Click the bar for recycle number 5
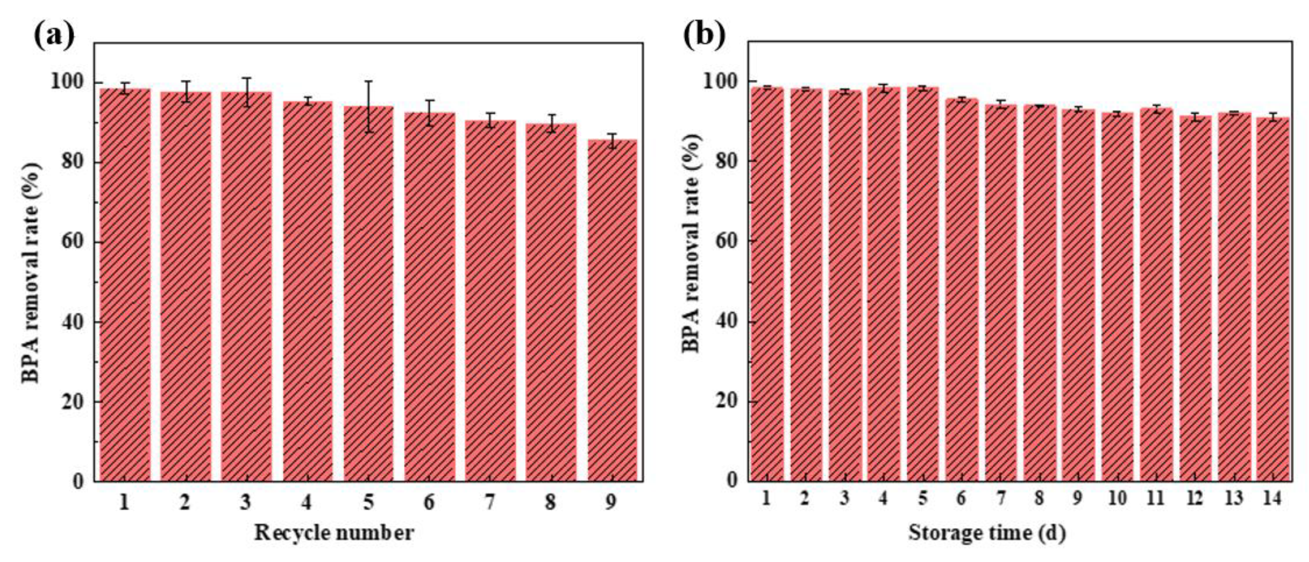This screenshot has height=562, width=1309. pos(368,293)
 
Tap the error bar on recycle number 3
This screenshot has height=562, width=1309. pos(247,92)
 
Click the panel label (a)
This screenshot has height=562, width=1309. pos(54,35)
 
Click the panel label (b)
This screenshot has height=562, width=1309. pos(704,35)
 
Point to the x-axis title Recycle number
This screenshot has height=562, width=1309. pos(334,532)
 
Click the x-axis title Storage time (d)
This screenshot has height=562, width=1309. pos(987,532)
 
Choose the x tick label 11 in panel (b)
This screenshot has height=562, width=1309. pos(1155,498)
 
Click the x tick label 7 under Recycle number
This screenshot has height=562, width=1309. pos(489,502)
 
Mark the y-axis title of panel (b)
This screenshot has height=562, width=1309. pos(691,243)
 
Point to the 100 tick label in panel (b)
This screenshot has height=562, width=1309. pos(719,81)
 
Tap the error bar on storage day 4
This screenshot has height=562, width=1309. pos(883,88)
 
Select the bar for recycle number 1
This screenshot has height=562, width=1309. pos(125,285)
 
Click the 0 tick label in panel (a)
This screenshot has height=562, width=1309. pos(78,481)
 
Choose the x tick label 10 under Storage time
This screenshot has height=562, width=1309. pos(1117,498)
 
